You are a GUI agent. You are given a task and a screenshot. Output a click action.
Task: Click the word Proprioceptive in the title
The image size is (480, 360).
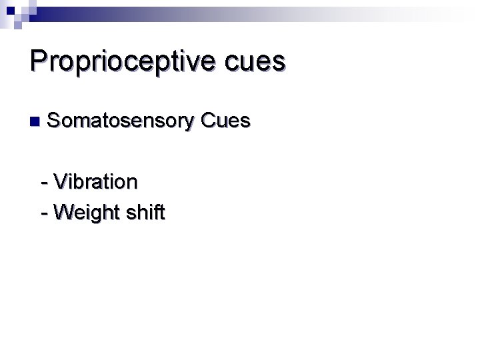[121, 61]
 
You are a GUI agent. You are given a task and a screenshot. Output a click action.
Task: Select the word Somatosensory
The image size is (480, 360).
[121, 121]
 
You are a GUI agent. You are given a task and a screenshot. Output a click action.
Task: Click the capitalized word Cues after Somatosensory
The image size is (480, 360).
[225, 121]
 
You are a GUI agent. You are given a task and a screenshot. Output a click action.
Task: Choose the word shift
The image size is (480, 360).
[145, 212]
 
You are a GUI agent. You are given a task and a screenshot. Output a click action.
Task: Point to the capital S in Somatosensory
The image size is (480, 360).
[54, 121]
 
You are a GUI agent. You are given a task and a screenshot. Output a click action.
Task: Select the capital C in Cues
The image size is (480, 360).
[207, 121]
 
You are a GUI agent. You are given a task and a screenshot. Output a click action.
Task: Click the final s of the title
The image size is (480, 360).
[279, 63]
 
